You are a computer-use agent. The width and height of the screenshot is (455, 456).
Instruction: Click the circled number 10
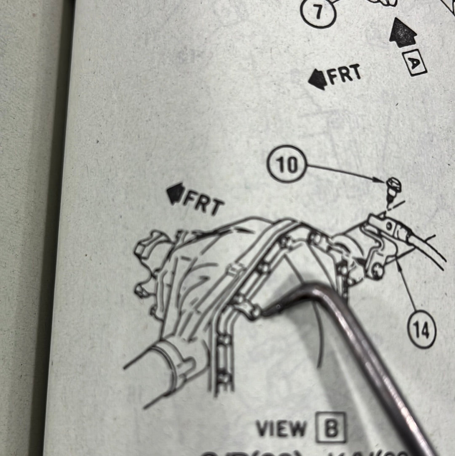(287, 164)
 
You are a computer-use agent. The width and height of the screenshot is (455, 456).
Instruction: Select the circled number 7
(318, 11)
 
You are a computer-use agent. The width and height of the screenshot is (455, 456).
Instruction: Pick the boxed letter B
(331, 427)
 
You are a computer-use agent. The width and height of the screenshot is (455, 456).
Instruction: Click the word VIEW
(281, 429)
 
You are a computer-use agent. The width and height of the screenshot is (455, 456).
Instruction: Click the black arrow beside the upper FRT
(318, 79)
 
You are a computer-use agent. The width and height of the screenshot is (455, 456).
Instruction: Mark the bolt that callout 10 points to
(393, 186)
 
